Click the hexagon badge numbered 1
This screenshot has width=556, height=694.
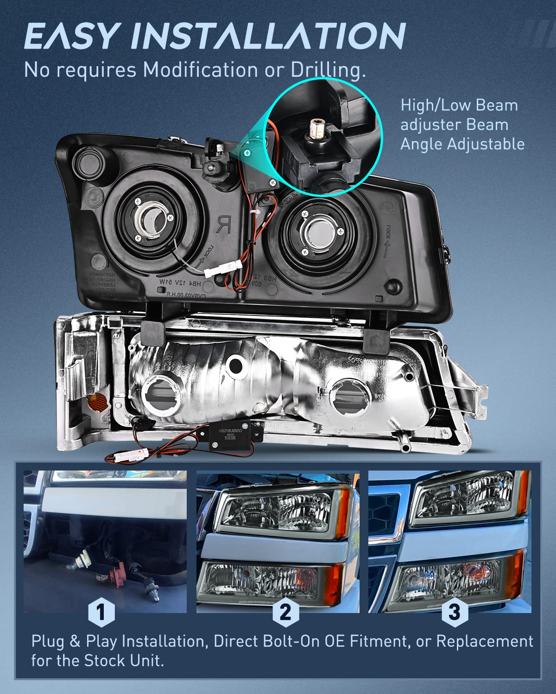[101, 612]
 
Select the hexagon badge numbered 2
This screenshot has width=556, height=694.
[285, 612]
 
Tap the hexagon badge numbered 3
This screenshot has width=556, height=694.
[455, 612]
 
